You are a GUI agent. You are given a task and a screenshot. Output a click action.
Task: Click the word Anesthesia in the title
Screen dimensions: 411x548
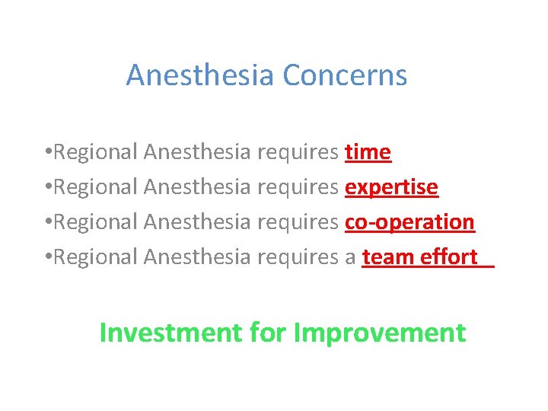tap(201, 75)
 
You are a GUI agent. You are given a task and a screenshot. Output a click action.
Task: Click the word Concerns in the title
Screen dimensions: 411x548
tap(345, 75)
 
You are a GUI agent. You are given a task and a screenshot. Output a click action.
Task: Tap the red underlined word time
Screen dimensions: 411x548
tap(368, 153)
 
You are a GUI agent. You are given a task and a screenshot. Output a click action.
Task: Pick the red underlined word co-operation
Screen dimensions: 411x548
tap(409, 222)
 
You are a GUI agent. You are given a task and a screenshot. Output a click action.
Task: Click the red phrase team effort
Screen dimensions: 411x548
tap(420, 257)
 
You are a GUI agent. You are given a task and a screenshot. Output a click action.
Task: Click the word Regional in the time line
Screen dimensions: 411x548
tap(96, 153)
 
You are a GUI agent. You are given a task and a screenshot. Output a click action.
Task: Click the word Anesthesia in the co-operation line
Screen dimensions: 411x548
tap(196, 222)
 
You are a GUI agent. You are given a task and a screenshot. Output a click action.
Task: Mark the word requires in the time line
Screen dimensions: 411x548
tap(298, 153)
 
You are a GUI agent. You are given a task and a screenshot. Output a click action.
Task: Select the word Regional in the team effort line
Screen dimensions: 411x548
tap(96, 257)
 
